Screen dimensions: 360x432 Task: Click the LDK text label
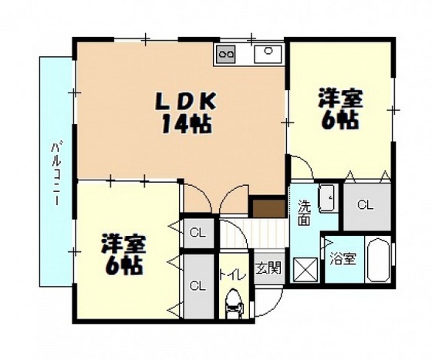coord(187,102)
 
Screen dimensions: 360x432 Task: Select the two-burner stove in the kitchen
coord(226,53)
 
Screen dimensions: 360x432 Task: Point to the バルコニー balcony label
coord(56,171)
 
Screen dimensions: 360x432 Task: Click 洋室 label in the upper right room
coord(339,99)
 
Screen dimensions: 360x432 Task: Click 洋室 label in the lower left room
coord(123,244)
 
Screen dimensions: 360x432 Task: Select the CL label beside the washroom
coord(365,205)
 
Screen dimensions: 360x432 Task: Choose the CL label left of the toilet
coord(197,286)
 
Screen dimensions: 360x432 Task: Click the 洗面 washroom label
coord(304,213)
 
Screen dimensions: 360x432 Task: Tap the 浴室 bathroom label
coord(343,258)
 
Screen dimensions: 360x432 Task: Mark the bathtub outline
coord(378,260)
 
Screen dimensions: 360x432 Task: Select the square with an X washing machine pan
coord(305,269)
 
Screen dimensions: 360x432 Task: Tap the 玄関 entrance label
coord(268,268)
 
